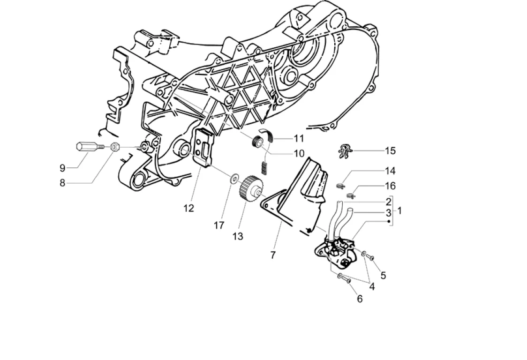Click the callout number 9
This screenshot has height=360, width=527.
click(62, 167)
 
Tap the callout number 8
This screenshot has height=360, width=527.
click(62, 183)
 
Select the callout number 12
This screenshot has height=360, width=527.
click(188, 209)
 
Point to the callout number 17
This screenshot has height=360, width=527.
click(219, 225)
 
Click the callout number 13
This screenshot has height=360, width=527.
click(238, 236)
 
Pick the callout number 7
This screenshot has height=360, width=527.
click(273, 255)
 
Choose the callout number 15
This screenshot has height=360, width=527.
click(390, 151)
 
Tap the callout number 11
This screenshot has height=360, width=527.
click(299, 138)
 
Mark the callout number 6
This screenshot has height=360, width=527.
click(360, 299)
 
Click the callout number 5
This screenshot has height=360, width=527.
click(383, 275)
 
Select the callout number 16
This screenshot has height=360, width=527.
click(390, 186)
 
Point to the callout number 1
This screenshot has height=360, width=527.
click(399, 211)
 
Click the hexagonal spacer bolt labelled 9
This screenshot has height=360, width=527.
click(88, 147)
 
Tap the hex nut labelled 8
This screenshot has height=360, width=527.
click(114, 147)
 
